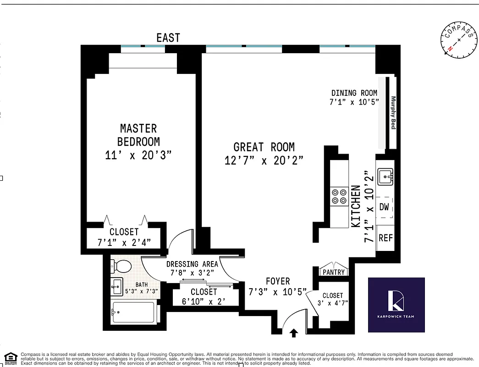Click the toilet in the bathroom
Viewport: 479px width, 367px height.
click(x=122, y=266)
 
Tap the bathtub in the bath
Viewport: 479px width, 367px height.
click(x=133, y=313)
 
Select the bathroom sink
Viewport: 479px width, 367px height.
click(x=117, y=287)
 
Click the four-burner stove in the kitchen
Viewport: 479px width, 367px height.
click(x=339, y=197)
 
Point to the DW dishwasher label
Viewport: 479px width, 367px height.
click(x=384, y=207)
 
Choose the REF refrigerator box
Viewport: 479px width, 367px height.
click(x=385, y=238)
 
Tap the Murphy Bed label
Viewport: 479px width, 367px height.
click(x=393, y=112)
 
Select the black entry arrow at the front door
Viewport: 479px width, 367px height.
click(x=294, y=334)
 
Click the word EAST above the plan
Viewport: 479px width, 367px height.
click(x=168, y=38)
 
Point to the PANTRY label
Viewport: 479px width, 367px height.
click(x=334, y=272)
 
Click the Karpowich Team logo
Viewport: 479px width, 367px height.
click(x=396, y=305)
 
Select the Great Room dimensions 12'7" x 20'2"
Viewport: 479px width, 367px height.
click(x=264, y=161)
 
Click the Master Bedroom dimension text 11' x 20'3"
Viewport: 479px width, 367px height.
click(x=138, y=155)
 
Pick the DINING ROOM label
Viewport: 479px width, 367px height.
click(x=354, y=93)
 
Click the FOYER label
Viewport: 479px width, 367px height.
click(x=278, y=281)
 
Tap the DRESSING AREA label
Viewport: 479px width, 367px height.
click(x=192, y=264)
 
